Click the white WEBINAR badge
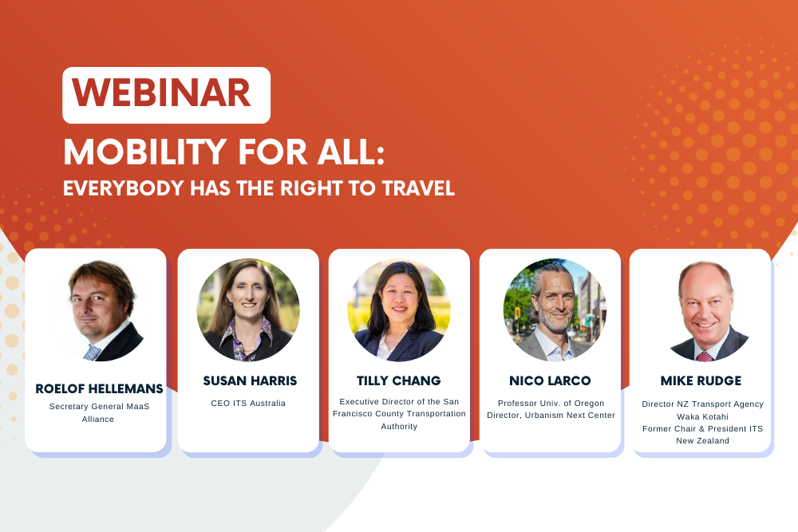(x=166, y=95)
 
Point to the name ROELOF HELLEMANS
(x=99, y=389)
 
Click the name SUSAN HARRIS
(x=248, y=381)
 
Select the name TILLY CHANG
(x=399, y=380)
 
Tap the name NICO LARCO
(x=551, y=380)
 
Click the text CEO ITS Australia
(x=248, y=404)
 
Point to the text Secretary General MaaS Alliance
(x=98, y=412)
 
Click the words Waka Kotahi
(x=702, y=416)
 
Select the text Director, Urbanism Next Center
(x=551, y=415)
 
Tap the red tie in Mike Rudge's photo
(x=704, y=356)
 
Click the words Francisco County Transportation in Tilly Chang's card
(x=399, y=414)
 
